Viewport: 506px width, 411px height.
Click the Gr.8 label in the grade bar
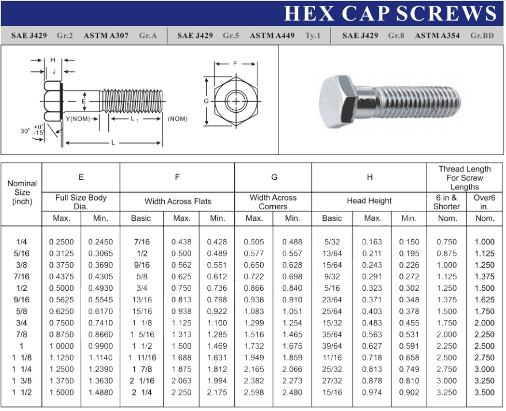click(396, 36)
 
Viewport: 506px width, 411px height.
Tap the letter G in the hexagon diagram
click(206, 102)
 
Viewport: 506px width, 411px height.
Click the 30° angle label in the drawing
click(25, 131)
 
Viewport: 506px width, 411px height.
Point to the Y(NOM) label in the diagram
click(78, 118)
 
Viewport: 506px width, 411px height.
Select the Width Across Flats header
click(177, 202)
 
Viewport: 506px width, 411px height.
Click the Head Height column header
click(369, 201)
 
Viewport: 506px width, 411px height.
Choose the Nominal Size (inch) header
click(22, 193)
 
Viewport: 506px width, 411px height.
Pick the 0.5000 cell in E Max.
click(61, 289)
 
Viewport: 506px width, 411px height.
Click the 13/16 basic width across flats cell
click(141, 300)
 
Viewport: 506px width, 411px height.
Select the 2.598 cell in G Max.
click(254, 393)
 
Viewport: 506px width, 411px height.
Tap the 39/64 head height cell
click(332, 347)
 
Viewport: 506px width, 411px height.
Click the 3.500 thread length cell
click(484, 393)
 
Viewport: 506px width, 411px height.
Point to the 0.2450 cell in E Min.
click(100, 242)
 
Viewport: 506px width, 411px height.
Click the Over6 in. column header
click(484, 202)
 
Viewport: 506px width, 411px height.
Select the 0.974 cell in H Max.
click(372, 393)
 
